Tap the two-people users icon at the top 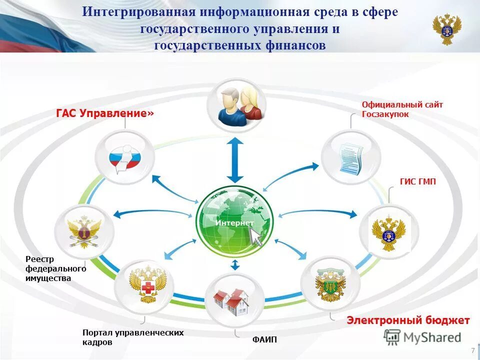[236, 105]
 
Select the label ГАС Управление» [105, 113]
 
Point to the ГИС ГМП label [417, 182]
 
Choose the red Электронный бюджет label [408, 320]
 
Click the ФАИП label [264, 340]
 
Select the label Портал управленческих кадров [132, 337]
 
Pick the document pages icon [349, 158]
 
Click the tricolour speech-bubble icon [125, 159]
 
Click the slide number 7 [472, 350]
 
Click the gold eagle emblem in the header [446, 29]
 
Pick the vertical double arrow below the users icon [235, 159]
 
